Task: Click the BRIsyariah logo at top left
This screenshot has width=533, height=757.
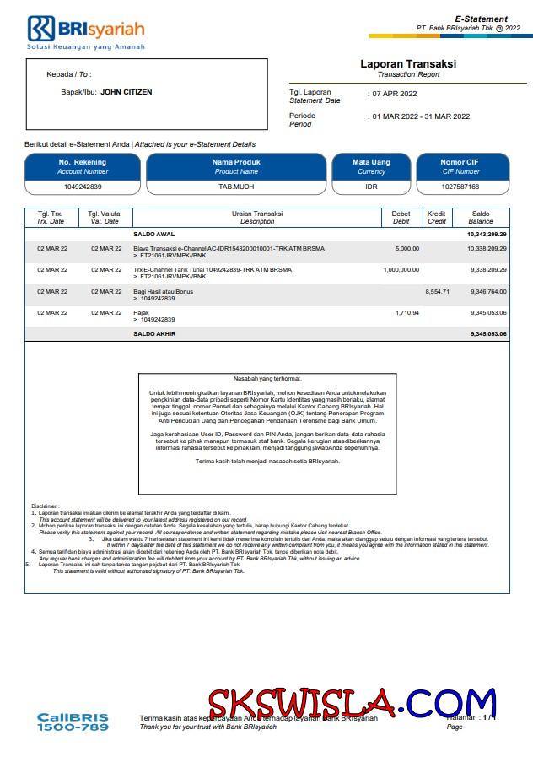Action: (86, 31)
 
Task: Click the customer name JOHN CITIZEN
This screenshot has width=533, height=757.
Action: (127, 92)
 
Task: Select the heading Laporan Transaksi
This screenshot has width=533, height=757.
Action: (408, 64)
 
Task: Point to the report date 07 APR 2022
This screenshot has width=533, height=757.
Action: (395, 94)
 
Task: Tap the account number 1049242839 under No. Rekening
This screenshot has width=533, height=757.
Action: (83, 187)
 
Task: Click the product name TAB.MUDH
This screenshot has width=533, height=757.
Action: (236, 187)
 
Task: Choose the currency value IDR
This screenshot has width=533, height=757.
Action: (371, 187)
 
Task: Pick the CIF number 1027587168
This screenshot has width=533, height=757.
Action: (460, 187)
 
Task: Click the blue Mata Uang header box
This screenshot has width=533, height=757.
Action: (371, 166)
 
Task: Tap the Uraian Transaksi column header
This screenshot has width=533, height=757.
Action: (257, 218)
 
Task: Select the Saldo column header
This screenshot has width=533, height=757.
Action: (481, 218)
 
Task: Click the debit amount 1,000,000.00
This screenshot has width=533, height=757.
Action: (401, 270)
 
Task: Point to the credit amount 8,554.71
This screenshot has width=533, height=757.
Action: (437, 291)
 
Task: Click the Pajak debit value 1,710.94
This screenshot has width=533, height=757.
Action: (406, 312)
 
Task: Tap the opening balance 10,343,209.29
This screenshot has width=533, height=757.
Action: (487, 234)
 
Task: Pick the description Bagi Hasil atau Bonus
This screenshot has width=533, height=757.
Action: (164, 291)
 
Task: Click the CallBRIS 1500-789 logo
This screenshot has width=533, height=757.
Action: (73, 722)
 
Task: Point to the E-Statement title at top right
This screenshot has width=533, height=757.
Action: (481, 19)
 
